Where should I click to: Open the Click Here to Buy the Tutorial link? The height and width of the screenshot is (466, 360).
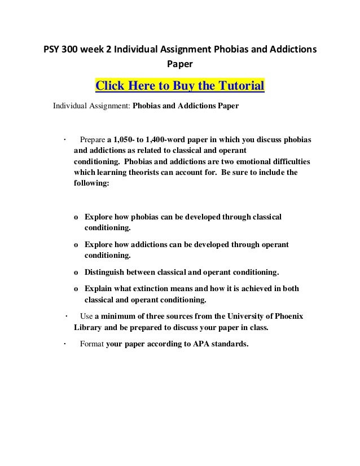pos(180,86)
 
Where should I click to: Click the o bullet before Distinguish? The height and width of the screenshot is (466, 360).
pos(76,272)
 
